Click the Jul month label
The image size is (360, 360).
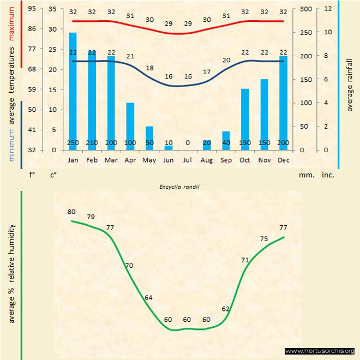tap(188, 160)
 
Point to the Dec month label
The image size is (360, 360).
tap(283, 160)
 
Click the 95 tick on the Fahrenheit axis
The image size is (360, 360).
tap(32, 9)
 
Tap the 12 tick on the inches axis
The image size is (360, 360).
tap(328, 9)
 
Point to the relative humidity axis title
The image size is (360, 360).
tap(11, 273)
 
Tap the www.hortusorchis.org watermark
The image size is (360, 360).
tap(320, 351)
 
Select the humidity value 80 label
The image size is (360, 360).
tap(71, 212)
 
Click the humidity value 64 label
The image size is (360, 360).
tap(148, 297)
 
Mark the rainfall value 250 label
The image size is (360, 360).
tap(73, 143)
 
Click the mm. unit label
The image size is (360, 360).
tap(306, 176)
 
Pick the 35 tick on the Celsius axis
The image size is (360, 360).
tap(52, 9)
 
